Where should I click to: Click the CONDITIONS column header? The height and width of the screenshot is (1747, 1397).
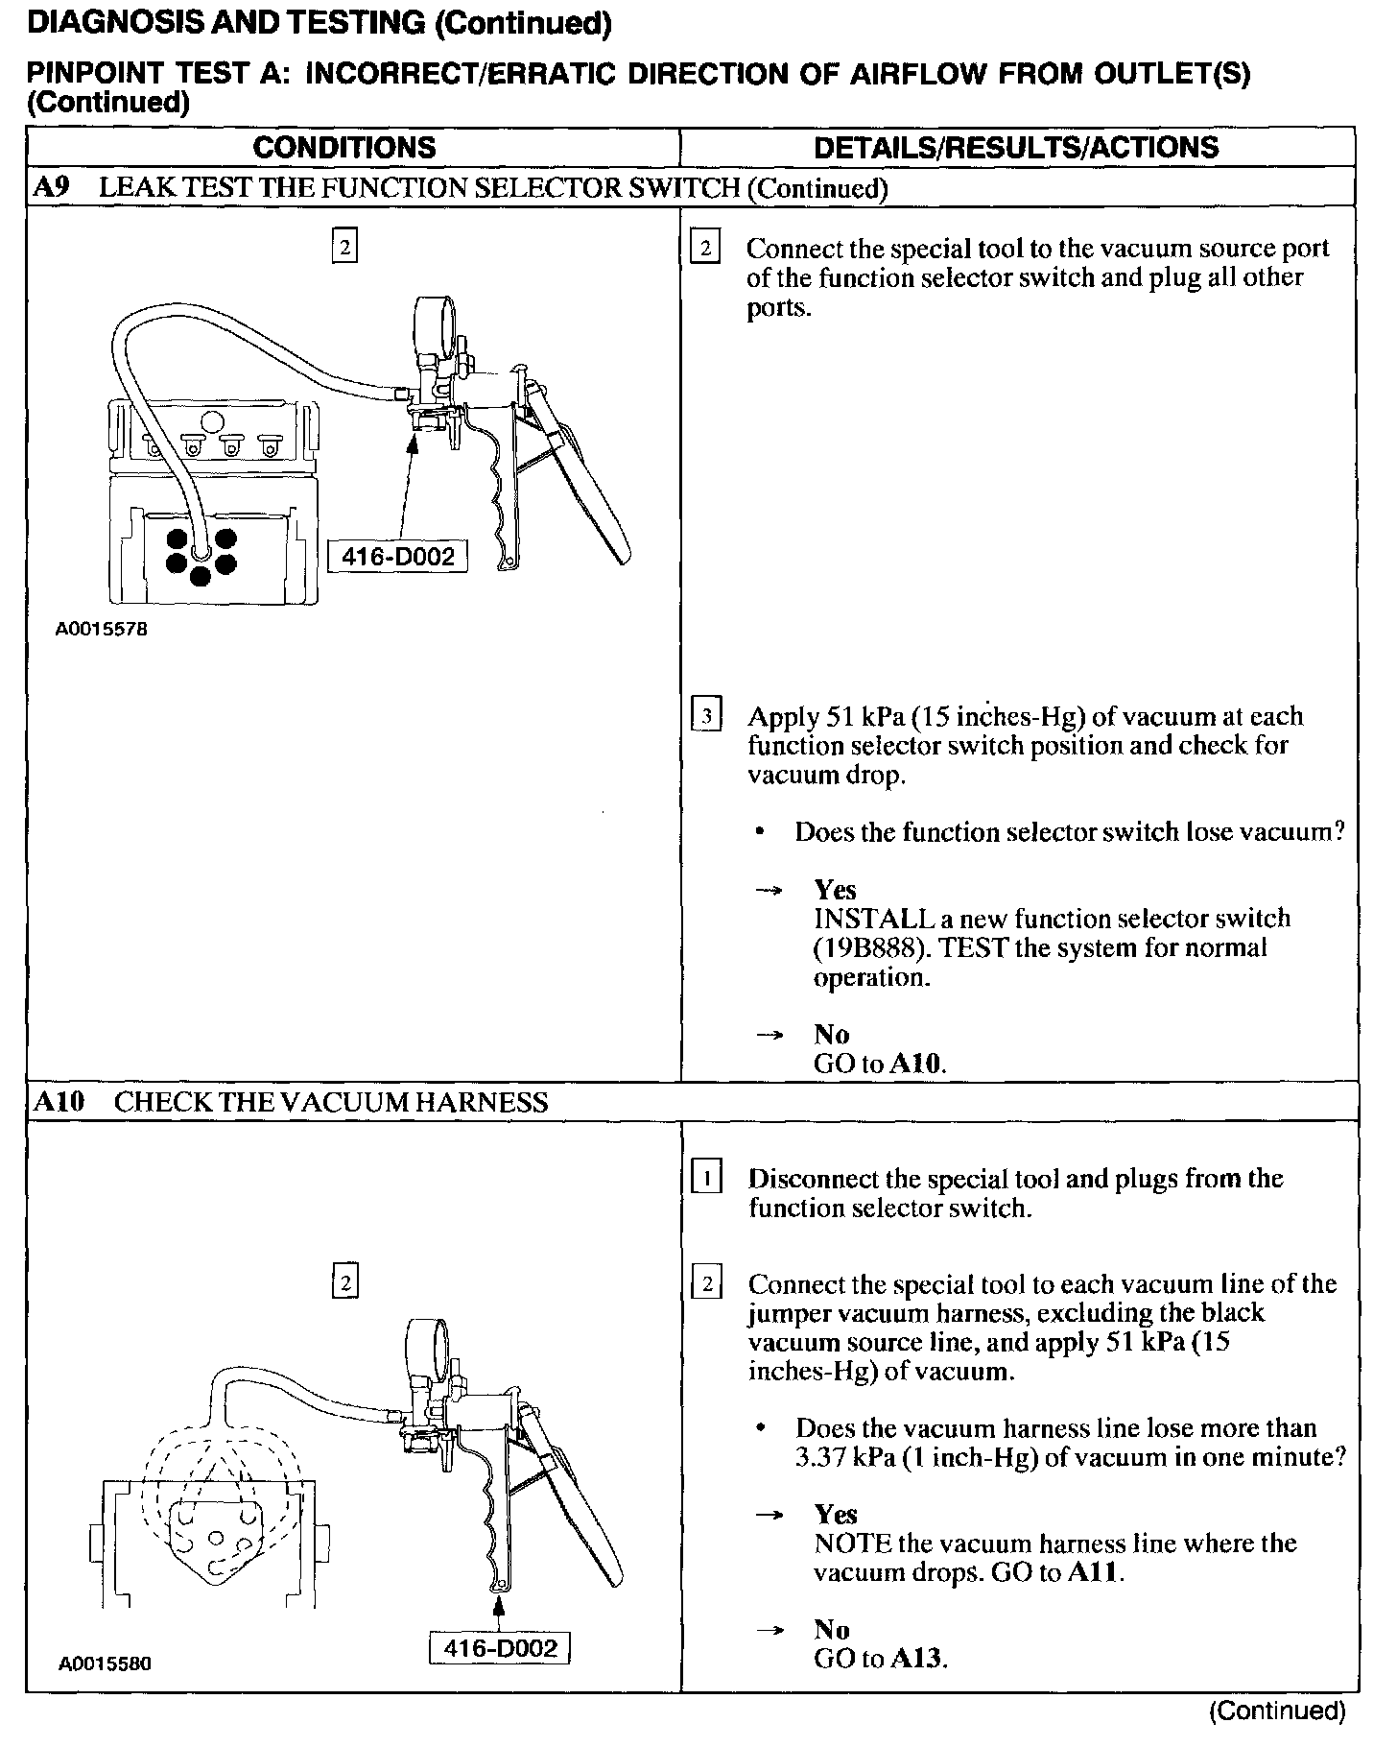(x=344, y=147)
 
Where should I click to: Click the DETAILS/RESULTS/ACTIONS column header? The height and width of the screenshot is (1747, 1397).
(x=1016, y=147)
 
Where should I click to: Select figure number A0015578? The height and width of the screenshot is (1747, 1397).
(x=102, y=630)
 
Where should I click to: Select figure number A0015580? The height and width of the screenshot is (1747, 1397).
(x=105, y=1663)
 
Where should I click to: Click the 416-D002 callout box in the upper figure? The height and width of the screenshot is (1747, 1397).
(x=397, y=556)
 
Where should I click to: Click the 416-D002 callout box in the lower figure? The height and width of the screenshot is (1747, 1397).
(x=500, y=1648)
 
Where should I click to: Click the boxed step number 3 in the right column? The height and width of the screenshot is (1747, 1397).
(x=706, y=716)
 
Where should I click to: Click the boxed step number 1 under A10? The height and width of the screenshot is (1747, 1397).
(x=706, y=1178)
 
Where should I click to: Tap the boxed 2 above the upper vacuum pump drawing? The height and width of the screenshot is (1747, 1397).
(x=344, y=246)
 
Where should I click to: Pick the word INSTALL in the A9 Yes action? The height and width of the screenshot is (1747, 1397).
(x=861, y=919)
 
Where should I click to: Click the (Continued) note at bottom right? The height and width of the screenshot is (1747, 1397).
(x=1277, y=1711)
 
